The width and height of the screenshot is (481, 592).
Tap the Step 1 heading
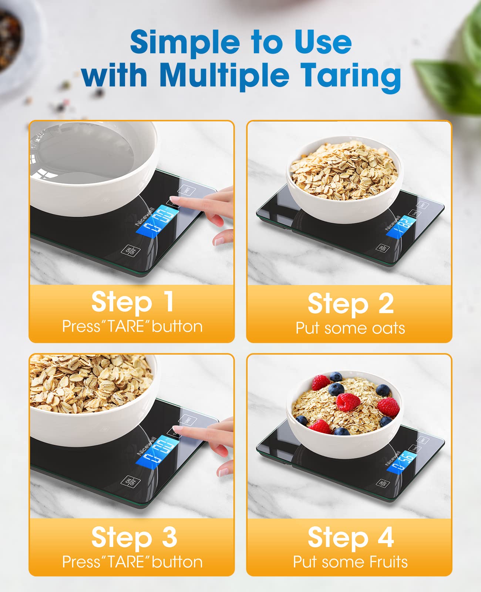click(132, 302)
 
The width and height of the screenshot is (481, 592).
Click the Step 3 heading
click(134, 537)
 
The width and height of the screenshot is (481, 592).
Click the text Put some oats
click(350, 328)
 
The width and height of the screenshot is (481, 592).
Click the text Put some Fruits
click(350, 562)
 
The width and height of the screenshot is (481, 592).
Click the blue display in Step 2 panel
click(402, 225)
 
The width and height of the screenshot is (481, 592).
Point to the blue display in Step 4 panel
click(402, 461)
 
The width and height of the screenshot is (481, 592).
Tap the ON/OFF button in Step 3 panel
click(131, 482)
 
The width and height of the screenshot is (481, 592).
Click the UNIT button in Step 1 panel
click(187, 190)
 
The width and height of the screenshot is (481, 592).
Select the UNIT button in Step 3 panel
click(187, 420)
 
